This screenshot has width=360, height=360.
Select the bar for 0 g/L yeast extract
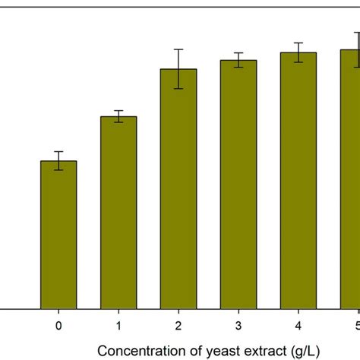pos(58,235)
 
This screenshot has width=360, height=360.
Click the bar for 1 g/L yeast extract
pos(118,213)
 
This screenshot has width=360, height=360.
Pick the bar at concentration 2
pos(178,189)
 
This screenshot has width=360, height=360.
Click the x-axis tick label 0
pos(58,326)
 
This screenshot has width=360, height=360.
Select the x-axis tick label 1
pos(118,326)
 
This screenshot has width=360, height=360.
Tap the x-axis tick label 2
pos(178,326)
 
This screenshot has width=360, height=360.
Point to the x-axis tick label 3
pos(238,326)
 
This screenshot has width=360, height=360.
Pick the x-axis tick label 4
pos(298,326)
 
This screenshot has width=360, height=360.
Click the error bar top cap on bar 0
pos(58,152)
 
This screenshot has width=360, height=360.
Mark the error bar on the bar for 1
pos(118,116)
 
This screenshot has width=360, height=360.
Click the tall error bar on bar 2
pos(178,69)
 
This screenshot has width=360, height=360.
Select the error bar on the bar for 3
pos(238,60)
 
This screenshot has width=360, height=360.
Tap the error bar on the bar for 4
pos(298,52)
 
